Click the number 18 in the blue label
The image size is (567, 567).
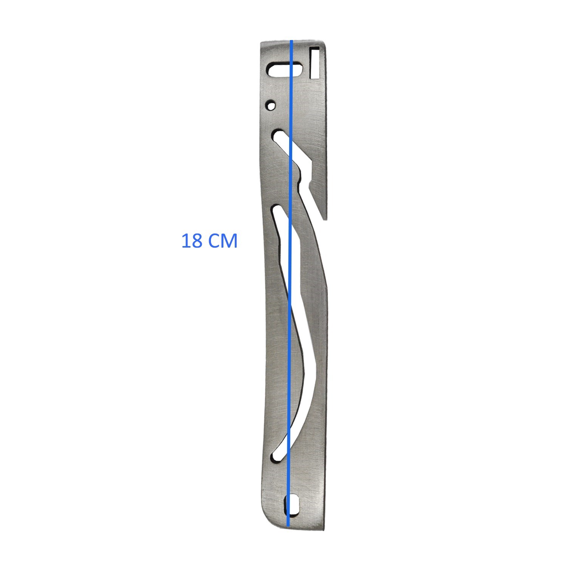pos(192,241)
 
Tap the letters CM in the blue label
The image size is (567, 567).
pos(223,241)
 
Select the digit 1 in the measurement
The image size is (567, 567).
pos(186,241)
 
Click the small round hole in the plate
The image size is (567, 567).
pos(271,105)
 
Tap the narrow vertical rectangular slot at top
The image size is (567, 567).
pos(315,62)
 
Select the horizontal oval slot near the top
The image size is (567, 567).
pos(285,70)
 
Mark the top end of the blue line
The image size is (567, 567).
pos(291,40)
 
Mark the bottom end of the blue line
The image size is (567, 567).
pos(288,526)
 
